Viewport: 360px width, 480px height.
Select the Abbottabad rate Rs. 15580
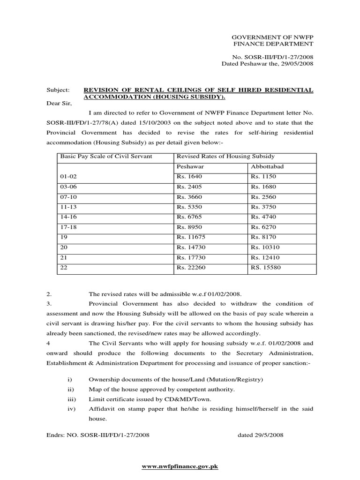pyautogui.click(x=263, y=268)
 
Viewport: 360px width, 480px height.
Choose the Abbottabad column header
pyautogui.click(x=267, y=166)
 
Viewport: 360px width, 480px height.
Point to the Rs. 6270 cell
pyautogui.click(x=262, y=227)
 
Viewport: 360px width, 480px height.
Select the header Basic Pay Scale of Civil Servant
pyautogui.click(x=105, y=156)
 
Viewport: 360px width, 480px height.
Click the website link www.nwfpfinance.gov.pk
pyautogui.click(x=180, y=467)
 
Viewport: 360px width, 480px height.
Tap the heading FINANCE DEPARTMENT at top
pyautogui.click(x=273, y=44)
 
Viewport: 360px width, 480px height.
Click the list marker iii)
pyautogui.click(x=72, y=399)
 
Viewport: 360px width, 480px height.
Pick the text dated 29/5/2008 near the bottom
pyautogui.click(x=261, y=435)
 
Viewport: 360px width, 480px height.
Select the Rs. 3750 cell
pyautogui.click(x=262, y=207)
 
